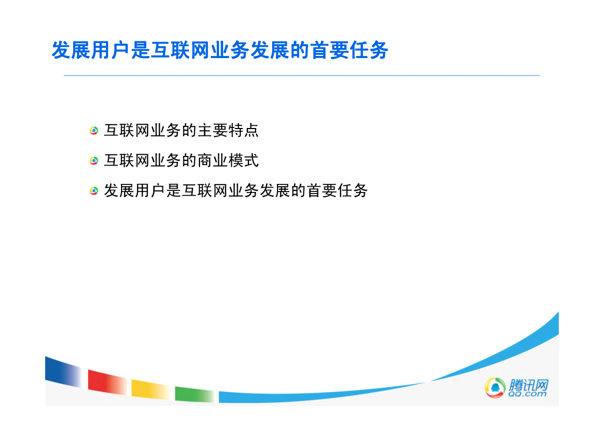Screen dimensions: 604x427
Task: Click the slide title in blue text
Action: click(x=220, y=51)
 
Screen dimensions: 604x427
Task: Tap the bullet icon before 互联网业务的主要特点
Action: click(x=94, y=131)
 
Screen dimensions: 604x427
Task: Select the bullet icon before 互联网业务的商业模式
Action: click(x=94, y=161)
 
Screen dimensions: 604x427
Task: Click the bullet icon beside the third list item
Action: click(x=94, y=190)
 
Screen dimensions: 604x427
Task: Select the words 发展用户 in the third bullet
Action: click(x=135, y=190)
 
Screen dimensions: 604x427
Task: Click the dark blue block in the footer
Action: click(x=63, y=372)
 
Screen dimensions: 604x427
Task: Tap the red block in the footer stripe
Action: click(x=107, y=382)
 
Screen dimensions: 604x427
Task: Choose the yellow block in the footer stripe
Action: click(x=151, y=389)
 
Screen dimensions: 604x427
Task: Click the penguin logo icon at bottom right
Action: click(x=495, y=387)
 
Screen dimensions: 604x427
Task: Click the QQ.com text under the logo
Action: click(x=527, y=394)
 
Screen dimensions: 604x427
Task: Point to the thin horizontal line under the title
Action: click(x=302, y=75)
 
